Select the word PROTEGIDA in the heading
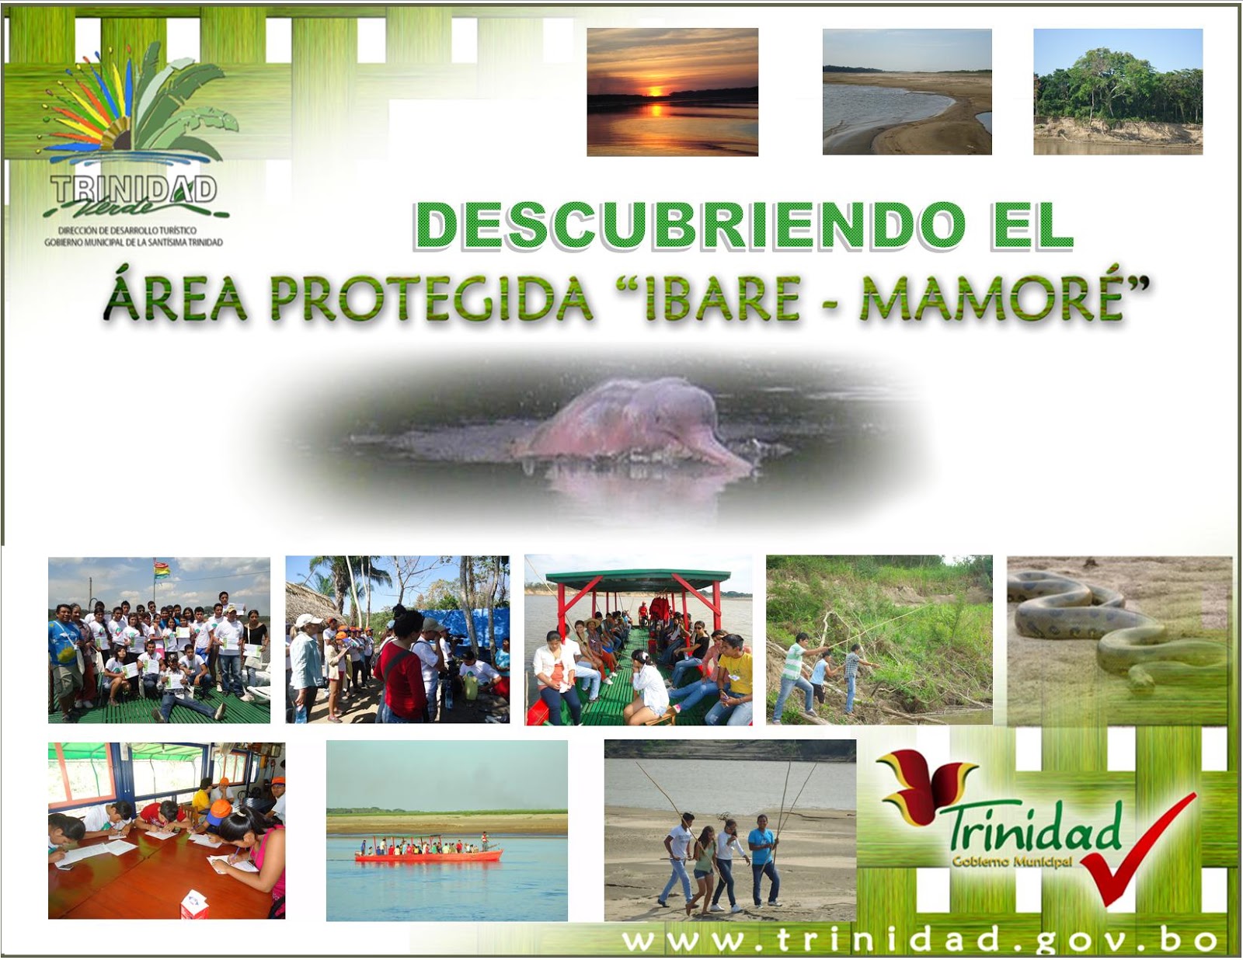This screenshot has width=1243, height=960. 431,299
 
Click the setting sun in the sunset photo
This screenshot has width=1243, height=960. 655,90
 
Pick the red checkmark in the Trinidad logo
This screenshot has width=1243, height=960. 1134,854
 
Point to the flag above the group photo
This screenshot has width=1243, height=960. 162,570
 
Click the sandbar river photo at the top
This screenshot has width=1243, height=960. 907,92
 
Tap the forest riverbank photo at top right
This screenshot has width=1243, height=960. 1117,92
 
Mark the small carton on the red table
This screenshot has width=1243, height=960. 194,904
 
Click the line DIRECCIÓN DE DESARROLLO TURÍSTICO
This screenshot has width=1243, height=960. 127,231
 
